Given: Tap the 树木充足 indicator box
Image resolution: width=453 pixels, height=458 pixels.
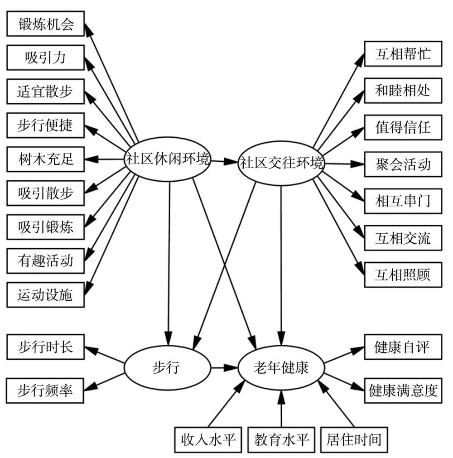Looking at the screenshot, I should (45, 159).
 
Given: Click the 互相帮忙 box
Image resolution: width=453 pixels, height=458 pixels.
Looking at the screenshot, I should (403, 55).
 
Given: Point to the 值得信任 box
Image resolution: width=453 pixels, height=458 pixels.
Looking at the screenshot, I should (403, 127).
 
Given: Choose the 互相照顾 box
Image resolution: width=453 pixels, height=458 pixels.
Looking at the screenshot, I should (403, 275).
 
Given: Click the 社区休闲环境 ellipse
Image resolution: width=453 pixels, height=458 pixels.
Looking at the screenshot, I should (168, 160).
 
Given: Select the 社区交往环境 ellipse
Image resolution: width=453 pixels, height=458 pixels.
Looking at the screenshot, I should (282, 163).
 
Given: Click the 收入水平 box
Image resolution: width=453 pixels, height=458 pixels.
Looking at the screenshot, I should (208, 439).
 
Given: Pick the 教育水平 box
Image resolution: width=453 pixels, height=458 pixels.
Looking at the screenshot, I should (281, 439).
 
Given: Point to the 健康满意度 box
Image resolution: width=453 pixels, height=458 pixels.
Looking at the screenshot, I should (403, 390).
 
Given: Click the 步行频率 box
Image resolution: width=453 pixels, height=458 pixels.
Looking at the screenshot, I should (45, 390).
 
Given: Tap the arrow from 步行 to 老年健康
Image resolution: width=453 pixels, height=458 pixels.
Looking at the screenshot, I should (225, 368).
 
